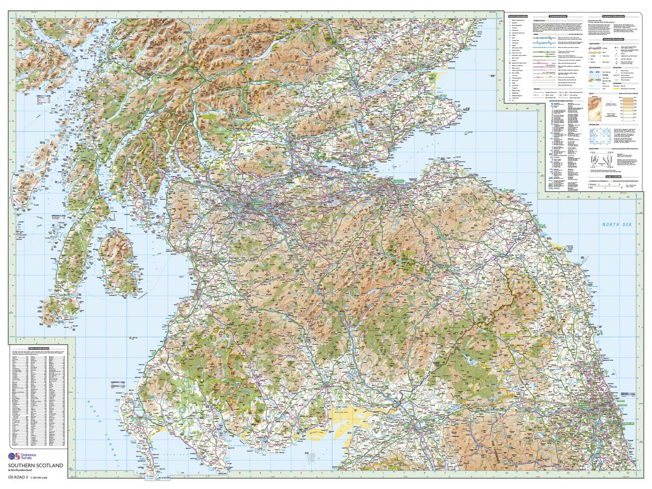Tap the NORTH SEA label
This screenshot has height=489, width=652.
click(615, 224)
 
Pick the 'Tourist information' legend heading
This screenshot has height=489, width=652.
click(518, 16)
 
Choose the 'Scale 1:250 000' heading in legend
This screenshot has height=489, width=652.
click(615, 177)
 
